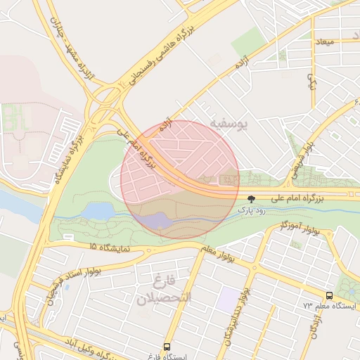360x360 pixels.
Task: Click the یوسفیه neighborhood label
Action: (x=228, y=125)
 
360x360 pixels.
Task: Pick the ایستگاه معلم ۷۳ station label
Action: (x=330, y=307)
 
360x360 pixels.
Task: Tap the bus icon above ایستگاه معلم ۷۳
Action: (x=330, y=296)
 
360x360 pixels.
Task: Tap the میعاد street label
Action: (x=327, y=42)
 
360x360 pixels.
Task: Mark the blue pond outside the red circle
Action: (x=98, y=211)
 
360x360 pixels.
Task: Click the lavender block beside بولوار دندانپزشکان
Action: (x=227, y=300)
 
